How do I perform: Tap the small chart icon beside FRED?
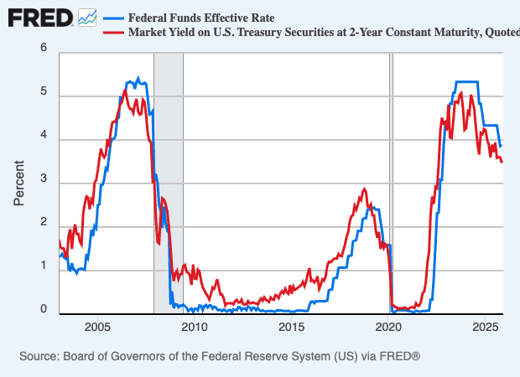tap(87, 17)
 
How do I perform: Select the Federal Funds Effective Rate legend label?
tap(201, 18)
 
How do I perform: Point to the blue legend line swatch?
tap(113, 18)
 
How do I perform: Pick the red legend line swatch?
tap(113, 33)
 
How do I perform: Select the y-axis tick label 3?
tap(44, 181)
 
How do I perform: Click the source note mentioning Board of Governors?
tap(219, 357)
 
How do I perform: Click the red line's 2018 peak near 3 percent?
tap(364, 189)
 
